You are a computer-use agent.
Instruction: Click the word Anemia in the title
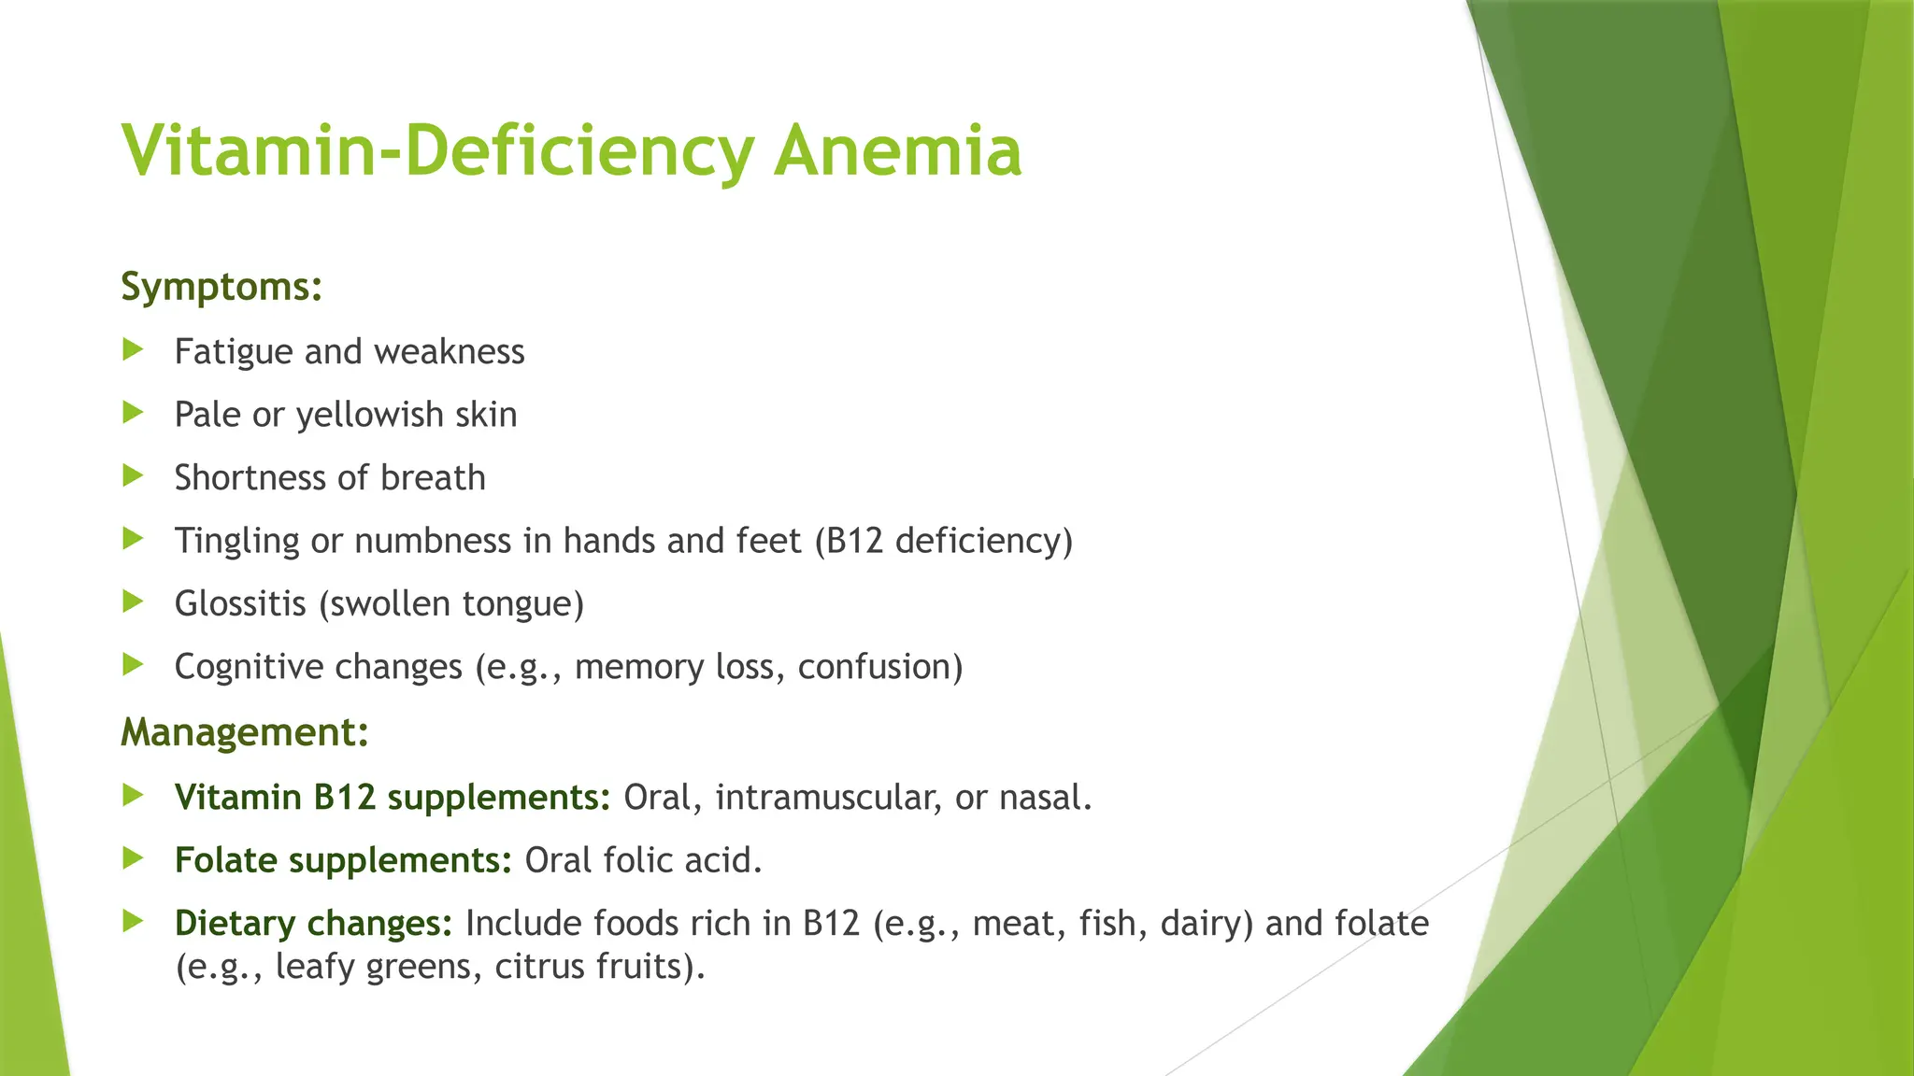pyautogui.click(x=897, y=151)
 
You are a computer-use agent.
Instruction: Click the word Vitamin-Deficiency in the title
pyautogui.click(x=437, y=151)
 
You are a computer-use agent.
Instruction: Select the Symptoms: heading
pyautogui.click(x=221, y=287)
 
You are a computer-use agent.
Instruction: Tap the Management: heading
pyautogui.click(x=245, y=732)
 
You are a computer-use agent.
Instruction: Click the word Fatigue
pyautogui.click(x=234, y=352)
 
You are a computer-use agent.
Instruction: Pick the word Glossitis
pyautogui.click(x=240, y=603)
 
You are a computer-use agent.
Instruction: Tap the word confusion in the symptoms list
pyautogui.click(x=879, y=667)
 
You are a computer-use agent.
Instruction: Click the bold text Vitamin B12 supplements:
pyautogui.click(x=393, y=798)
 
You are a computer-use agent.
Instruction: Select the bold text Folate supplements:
pyautogui.click(x=343, y=860)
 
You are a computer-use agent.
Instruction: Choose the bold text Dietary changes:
pyautogui.click(x=313, y=924)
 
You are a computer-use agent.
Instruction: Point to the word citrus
pyautogui.click(x=536, y=967)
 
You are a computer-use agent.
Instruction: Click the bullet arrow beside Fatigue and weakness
pyautogui.click(x=134, y=350)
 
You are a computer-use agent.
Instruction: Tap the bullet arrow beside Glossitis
pyautogui.click(x=134, y=602)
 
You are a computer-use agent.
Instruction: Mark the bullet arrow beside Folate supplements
pyautogui.click(x=134, y=858)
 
